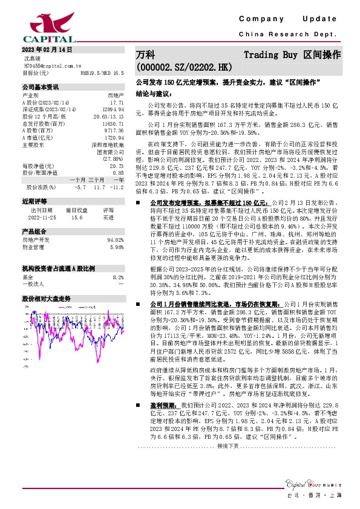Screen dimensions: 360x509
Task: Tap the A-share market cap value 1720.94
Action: coord(114,136)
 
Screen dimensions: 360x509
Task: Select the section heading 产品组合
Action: coord(34,231)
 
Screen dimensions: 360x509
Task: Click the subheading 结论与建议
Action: coord(154,94)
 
